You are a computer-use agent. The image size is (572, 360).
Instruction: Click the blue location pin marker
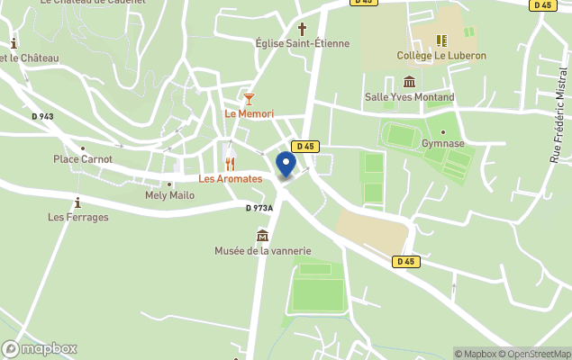(x=286, y=166)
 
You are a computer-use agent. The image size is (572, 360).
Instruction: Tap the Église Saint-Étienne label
(x=302, y=43)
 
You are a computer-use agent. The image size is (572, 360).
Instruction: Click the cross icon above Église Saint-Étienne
(x=302, y=28)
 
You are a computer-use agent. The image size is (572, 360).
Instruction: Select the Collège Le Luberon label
(x=441, y=56)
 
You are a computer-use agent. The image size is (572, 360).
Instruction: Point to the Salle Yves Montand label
(x=409, y=97)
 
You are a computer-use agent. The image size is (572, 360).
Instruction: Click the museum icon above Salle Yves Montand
(x=409, y=82)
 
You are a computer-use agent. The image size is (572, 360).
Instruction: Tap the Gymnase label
(x=442, y=143)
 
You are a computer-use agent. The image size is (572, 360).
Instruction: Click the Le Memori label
(x=249, y=113)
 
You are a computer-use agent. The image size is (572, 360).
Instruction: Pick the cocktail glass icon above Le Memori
(x=249, y=97)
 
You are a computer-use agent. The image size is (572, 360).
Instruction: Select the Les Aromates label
(x=231, y=179)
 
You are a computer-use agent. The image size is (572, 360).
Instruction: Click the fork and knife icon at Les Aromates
(x=231, y=164)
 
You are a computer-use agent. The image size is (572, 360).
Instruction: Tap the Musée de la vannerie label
(x=262, y=250)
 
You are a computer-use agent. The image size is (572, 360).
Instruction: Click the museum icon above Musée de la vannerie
(x=262, y=235)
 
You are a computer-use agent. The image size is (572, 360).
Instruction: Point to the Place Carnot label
(x=83, y=159)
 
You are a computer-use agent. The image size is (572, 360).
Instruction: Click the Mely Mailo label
(x=169, y=195)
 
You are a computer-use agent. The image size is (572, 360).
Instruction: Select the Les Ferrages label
(x=78, y=217)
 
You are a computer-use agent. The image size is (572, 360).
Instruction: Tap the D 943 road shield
(x=42, y=116)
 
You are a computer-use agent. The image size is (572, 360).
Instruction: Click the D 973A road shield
(x=259, y=208)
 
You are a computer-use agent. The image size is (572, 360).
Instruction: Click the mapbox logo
(x=40, y=348)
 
